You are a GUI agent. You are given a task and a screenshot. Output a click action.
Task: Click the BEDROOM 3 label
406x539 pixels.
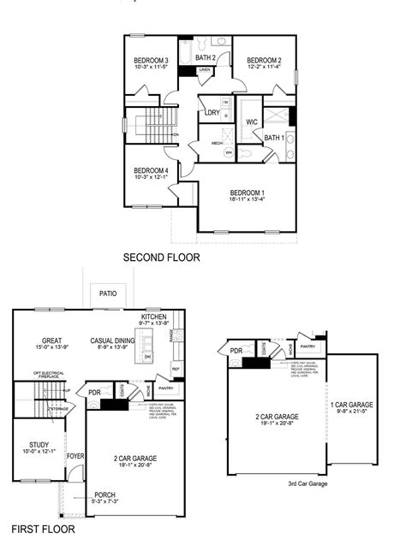tap(151, 60)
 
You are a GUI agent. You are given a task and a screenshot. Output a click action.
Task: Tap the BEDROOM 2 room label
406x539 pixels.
tap(264, 60)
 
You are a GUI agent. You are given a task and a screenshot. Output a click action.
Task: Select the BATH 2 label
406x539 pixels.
tap(206, 57)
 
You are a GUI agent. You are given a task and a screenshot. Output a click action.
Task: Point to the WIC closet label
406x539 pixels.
tap(252, 122)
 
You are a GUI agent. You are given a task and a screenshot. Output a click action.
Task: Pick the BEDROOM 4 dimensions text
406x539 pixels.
tap(151, 178)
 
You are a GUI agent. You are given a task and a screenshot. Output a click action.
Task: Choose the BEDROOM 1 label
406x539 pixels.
tap(247, 192)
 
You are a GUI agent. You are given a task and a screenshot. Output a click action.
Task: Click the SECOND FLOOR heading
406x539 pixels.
tap(161, 257)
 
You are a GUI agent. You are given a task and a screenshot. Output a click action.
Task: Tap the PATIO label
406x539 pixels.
tap(107, 293)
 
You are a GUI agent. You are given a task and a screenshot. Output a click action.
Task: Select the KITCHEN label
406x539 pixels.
tap(154, 317)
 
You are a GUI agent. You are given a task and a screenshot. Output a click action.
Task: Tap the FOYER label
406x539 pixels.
tap(75, 456)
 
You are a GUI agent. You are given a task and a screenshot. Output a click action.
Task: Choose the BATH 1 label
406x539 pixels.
tap(273, 138)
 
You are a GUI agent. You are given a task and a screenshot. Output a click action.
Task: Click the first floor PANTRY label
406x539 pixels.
tap(165, 388)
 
